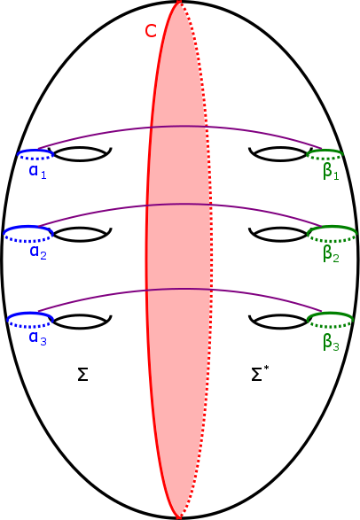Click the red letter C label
click(151, 31)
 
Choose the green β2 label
click(331, 255)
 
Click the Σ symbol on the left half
click(82, 375)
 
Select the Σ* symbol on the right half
click(259, 375)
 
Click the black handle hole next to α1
click(82, 155)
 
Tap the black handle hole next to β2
click(280, 236)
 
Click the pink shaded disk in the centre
click(181, 266)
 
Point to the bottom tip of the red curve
click(178, 516)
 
